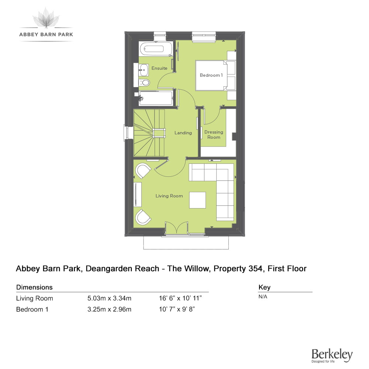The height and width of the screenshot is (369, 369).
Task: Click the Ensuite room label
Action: point(159,68)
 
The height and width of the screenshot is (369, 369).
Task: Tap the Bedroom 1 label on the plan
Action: point(211,75)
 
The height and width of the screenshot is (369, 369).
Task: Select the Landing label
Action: point(183,133)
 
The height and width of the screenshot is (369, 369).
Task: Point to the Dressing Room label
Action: point(214,135)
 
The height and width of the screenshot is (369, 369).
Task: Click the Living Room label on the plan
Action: point(169,196)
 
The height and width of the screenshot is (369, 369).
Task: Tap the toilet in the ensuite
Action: point(144,83)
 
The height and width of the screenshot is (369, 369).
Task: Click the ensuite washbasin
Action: point(143,70)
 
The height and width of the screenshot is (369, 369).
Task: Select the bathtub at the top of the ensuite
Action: point(156,49)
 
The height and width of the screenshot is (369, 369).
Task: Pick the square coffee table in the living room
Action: point(197,200)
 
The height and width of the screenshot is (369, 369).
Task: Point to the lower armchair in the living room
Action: point(143,217)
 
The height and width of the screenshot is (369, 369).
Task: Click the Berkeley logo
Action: point(332,355)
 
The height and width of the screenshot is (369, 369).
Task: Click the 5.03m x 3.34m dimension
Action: point(110,299)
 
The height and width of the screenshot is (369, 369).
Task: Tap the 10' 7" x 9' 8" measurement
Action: point(177,309)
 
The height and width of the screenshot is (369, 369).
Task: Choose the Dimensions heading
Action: point(34,287)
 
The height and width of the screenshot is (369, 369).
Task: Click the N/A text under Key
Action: point(263,297)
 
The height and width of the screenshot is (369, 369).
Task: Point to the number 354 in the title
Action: point(255,269)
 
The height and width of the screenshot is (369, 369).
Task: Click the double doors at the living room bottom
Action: point(176,228)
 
